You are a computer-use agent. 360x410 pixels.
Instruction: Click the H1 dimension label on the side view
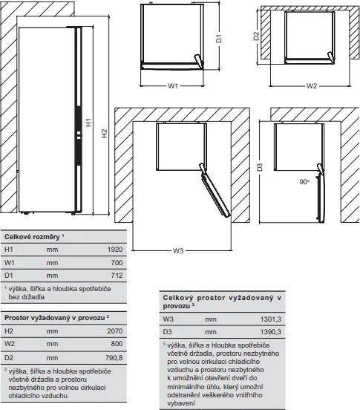click(88, 126)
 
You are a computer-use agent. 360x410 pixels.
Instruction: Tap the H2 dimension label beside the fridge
click(105, 132)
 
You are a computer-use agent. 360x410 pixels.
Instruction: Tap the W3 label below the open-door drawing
click(177, 251)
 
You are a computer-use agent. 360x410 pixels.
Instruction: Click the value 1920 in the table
click(114, 251)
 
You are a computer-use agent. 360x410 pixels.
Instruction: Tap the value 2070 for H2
click(114, 331)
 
